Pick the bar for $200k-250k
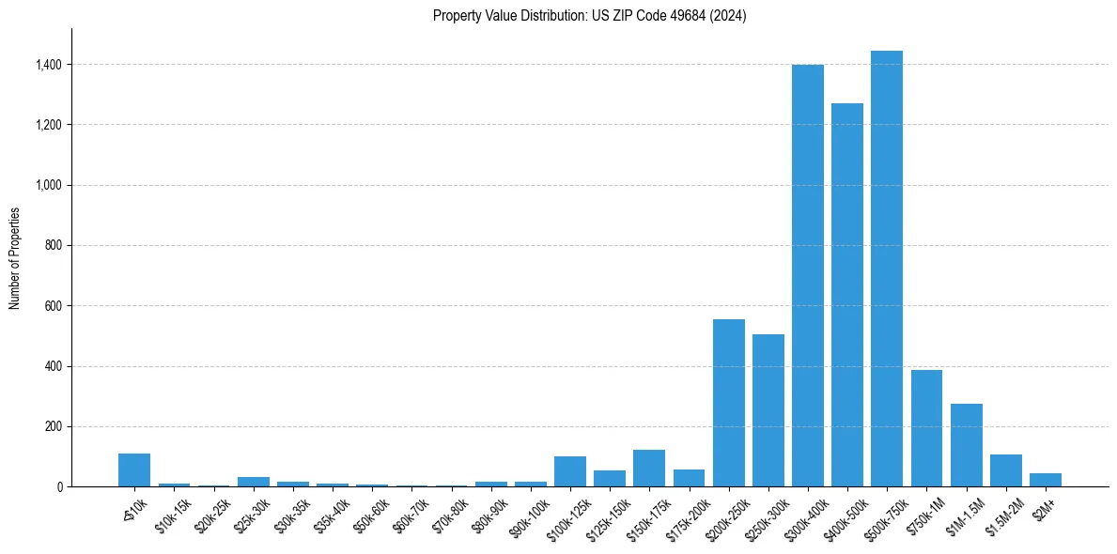click(x=728, y=403)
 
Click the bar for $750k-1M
click(x=926, y=428)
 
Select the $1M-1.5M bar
click(x=966, y=445)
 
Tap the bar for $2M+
click(x=1045, y=480)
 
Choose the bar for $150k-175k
click(x=648, y=469)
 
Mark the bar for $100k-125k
click(x=569, y=471)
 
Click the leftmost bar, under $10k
click(x=134, y=469)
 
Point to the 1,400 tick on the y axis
click(x=49, y=65)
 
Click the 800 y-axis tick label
click(x=54, y=246)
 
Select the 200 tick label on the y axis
click(x=54, y=426)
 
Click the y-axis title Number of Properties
click(x=15, y=258)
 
